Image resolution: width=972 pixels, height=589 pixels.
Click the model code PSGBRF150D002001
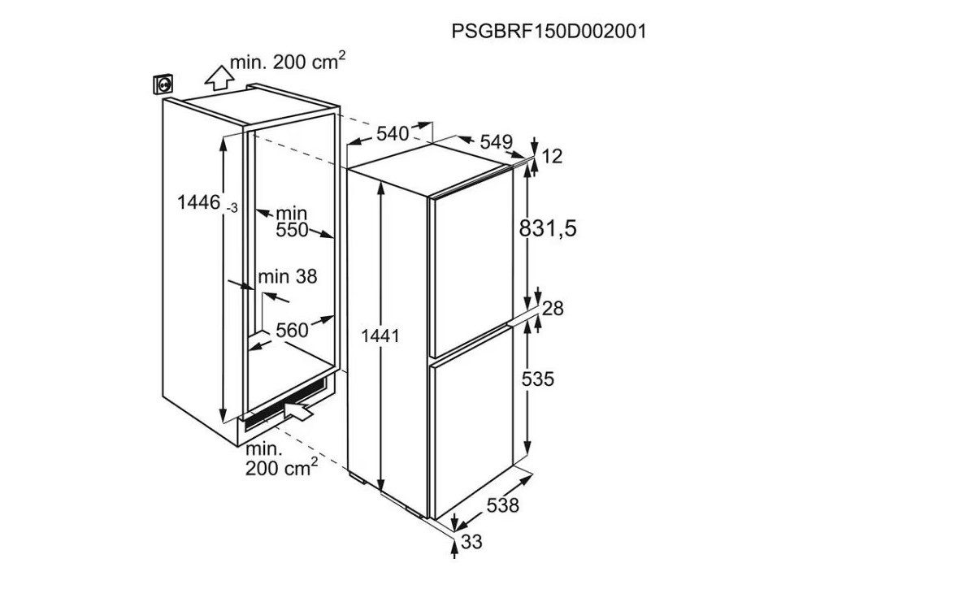pyautogui.click(x=549, y=31)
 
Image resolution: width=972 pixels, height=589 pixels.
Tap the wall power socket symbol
pyautogui.click(x=163, y=84)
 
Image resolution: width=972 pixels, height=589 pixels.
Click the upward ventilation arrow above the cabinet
pyautogui.click(x=219, y=77)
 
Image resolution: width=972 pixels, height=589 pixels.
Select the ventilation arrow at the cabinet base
pyautogui.click(x=299, y=409)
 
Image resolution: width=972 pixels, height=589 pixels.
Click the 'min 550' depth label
pyautogui.click(x=292, y=222)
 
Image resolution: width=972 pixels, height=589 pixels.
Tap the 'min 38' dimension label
pyautogui.click(x=288, y=276)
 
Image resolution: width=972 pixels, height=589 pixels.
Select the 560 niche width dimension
pyautogui.click(x=292, y=330)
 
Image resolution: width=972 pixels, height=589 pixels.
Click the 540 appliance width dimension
pyautogui.click(x=393, y=133)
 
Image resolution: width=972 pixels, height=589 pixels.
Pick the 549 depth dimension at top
pyautogui.click(x=496, y=142)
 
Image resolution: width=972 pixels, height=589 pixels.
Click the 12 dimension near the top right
pyautogui.click(x=552, y=157)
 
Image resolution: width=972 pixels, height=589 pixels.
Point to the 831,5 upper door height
pyautogui.click(x=548, y=229)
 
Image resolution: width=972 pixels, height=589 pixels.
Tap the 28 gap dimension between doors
pyautogui.click(x=553, y=308)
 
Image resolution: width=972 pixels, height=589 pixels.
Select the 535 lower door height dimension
pyautogui.click(x=537, y=379)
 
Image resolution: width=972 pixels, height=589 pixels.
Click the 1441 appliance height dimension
pyautogui.click(x=380, y=336)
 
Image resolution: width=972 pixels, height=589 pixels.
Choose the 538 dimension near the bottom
pyautogui.click(x=502, y=505)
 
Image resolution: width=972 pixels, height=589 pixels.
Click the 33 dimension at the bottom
pyautogui.click(x=471, y=543)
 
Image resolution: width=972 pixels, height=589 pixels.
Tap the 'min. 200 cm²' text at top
pyautogui.click(x=288, y=62)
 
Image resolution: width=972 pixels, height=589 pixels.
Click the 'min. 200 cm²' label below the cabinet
pyautogui.click(x=282, y=458)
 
